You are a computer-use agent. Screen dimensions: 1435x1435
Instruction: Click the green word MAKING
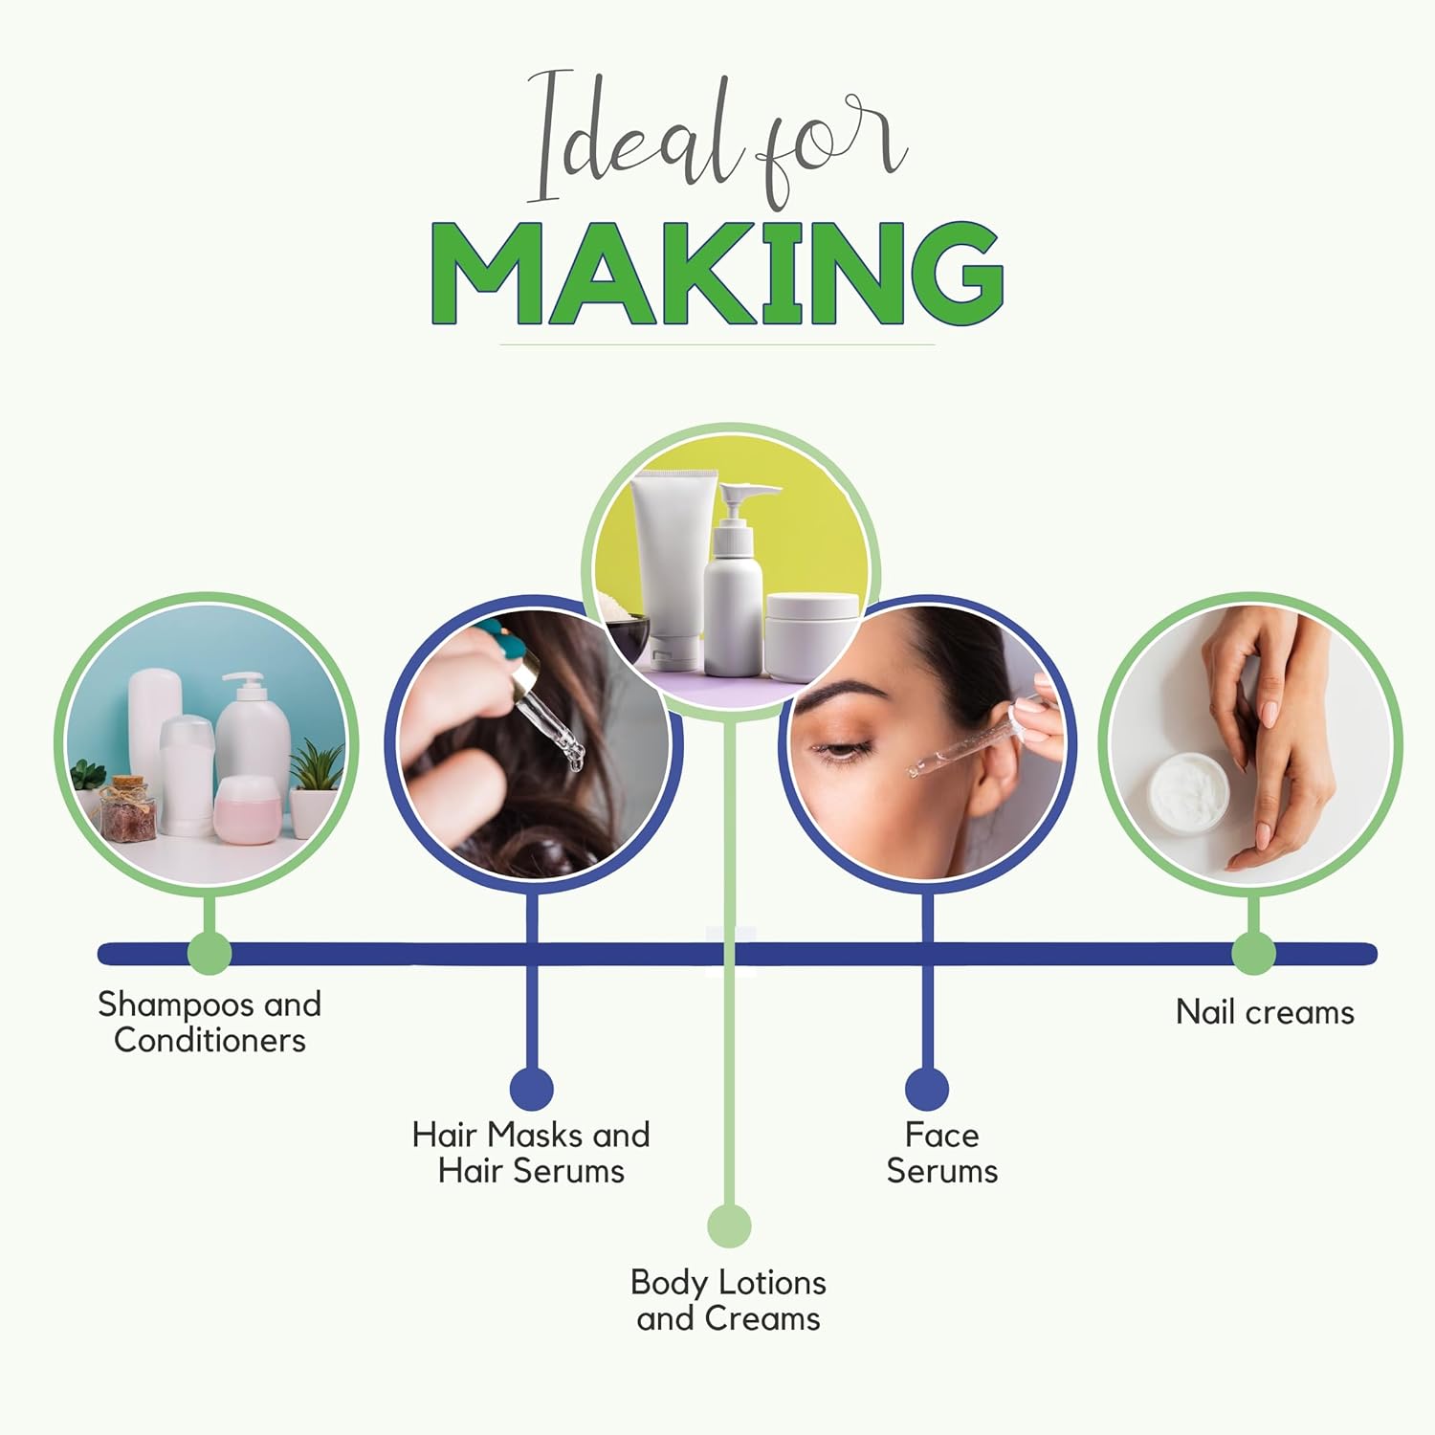pyautogui.click(x=717, y=274)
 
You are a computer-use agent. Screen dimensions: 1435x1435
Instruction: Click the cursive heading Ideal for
pyautogui.click(x=717, y=138)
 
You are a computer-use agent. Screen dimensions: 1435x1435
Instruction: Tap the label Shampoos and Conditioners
pyautogui.click(x=210, y=1022)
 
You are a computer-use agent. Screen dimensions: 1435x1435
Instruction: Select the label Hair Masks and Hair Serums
pyautogui.click(x=531, y=1153)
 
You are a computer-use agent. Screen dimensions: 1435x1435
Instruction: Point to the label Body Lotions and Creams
pyautogui.click(x=728, y=1300)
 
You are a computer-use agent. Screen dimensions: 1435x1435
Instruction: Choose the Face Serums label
pyautogui.click(x=942, y=1153)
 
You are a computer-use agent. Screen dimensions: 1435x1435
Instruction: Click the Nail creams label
pyautogui.click(x=1265, y=1012)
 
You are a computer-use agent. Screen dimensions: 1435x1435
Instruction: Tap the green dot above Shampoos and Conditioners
pyautogui.click(x=210, y=953)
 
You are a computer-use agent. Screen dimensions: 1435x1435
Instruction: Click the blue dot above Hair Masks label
pyautogui.click(x=532, y=1089)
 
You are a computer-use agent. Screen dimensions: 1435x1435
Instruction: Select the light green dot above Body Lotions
pyautogui.click(x=729, y=1225)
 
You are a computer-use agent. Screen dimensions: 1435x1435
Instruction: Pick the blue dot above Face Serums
pyautogui.click(x=927, y=1089)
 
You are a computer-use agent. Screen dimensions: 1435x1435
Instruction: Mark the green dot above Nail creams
pyautogui.click(x=1253, y=953)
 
